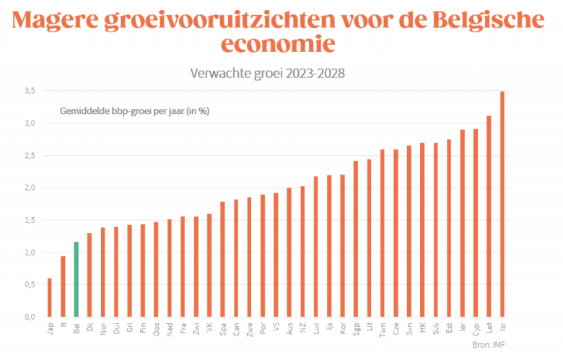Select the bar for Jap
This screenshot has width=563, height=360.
49,297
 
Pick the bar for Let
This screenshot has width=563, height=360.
489,216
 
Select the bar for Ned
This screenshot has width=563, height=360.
170,268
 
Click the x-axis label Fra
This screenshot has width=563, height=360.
183,329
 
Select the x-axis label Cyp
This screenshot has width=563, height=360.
476,329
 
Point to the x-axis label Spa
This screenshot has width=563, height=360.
223,329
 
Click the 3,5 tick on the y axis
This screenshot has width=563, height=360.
28,91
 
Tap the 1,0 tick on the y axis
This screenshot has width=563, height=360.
28,253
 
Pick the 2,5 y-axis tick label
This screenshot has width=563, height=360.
28,156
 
